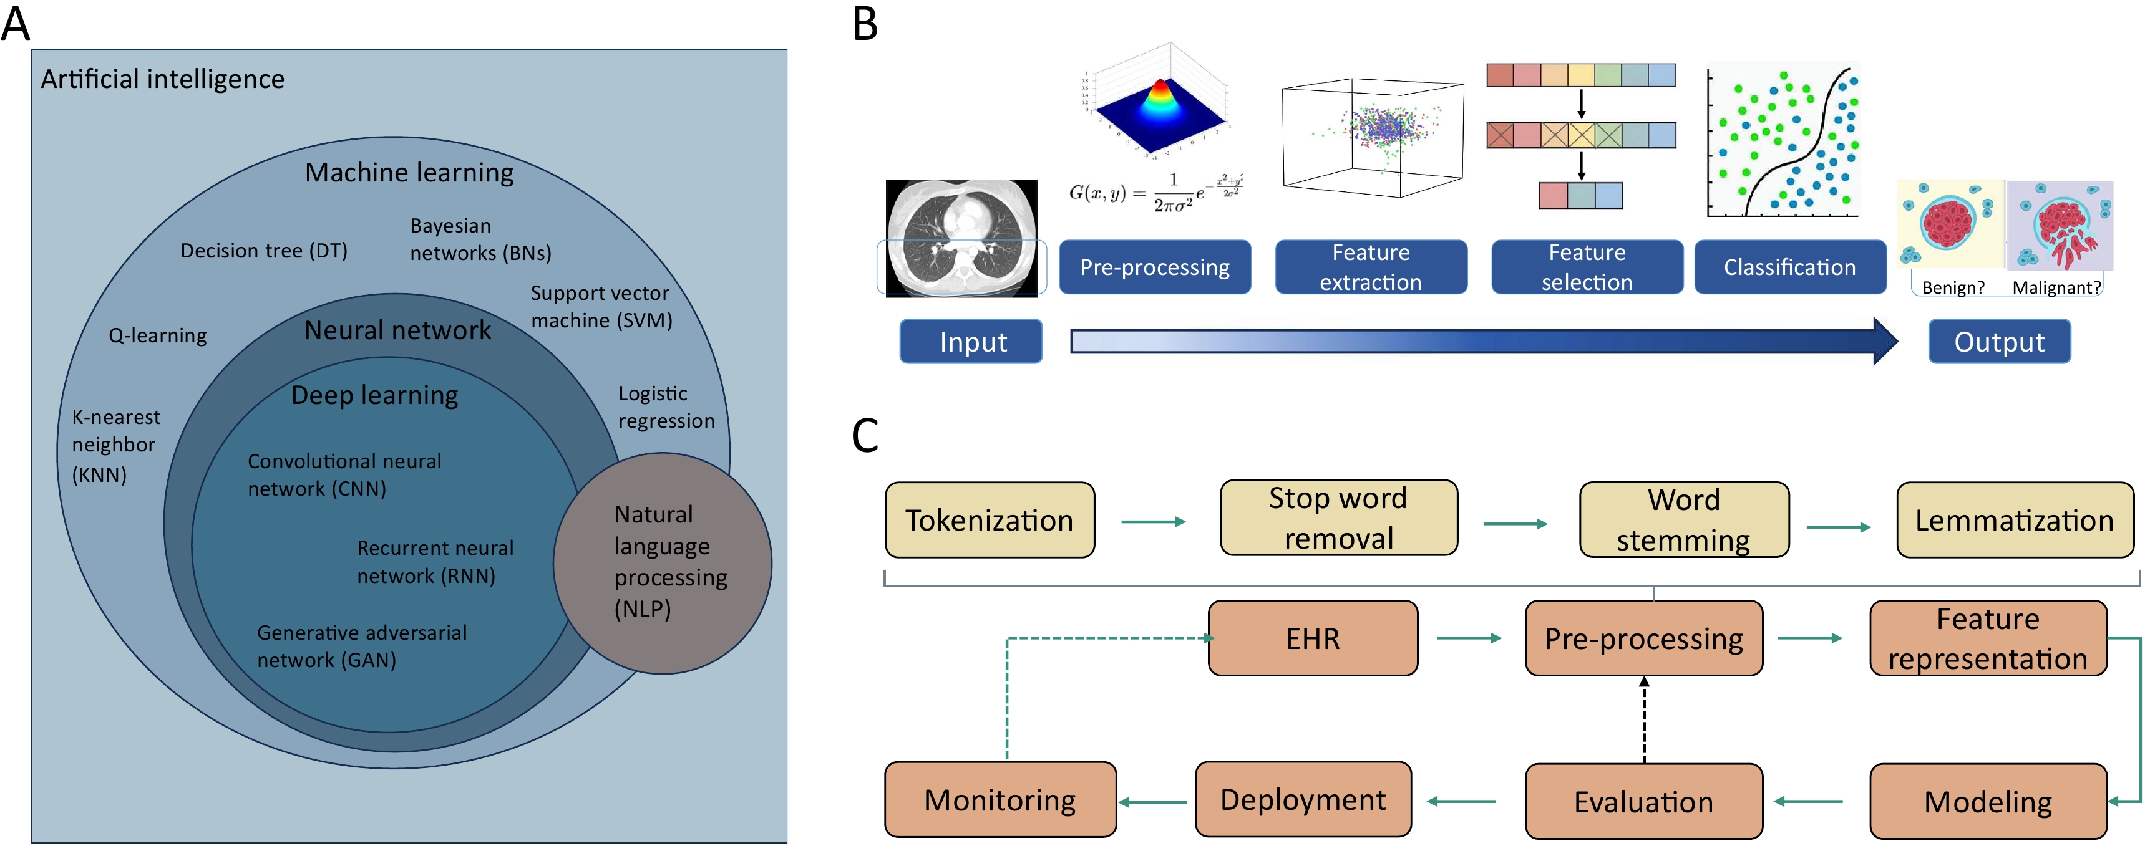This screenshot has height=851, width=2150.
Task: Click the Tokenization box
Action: click(990, 520)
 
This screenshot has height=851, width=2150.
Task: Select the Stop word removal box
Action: click(1339, 518)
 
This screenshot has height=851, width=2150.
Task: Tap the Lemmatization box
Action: click(2015, 520)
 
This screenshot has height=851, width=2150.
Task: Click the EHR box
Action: click(1313, 638)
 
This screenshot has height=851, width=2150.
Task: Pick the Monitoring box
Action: click(1001, 799)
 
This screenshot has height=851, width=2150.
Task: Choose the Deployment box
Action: click(1303, 799)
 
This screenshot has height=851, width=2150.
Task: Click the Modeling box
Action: click(1988, 801)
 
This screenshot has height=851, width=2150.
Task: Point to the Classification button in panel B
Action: click(1790, 267)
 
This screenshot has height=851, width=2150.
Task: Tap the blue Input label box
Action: click(971, 341)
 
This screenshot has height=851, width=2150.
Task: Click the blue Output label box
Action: click(2000, 341)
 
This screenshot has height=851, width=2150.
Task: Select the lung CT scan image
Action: click(961, 238)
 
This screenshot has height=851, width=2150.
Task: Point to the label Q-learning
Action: click(158, 335)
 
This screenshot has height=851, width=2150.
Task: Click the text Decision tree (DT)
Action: click(264, 250)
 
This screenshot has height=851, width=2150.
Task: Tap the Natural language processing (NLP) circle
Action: click(663, 563)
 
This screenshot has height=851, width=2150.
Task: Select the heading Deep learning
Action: click(375, 395)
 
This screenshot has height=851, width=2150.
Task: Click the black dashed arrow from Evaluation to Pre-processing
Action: click(1644, 719)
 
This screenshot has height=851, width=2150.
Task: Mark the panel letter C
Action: click(865, 435)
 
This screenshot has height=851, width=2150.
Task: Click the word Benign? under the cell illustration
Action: click(1953, 287)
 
